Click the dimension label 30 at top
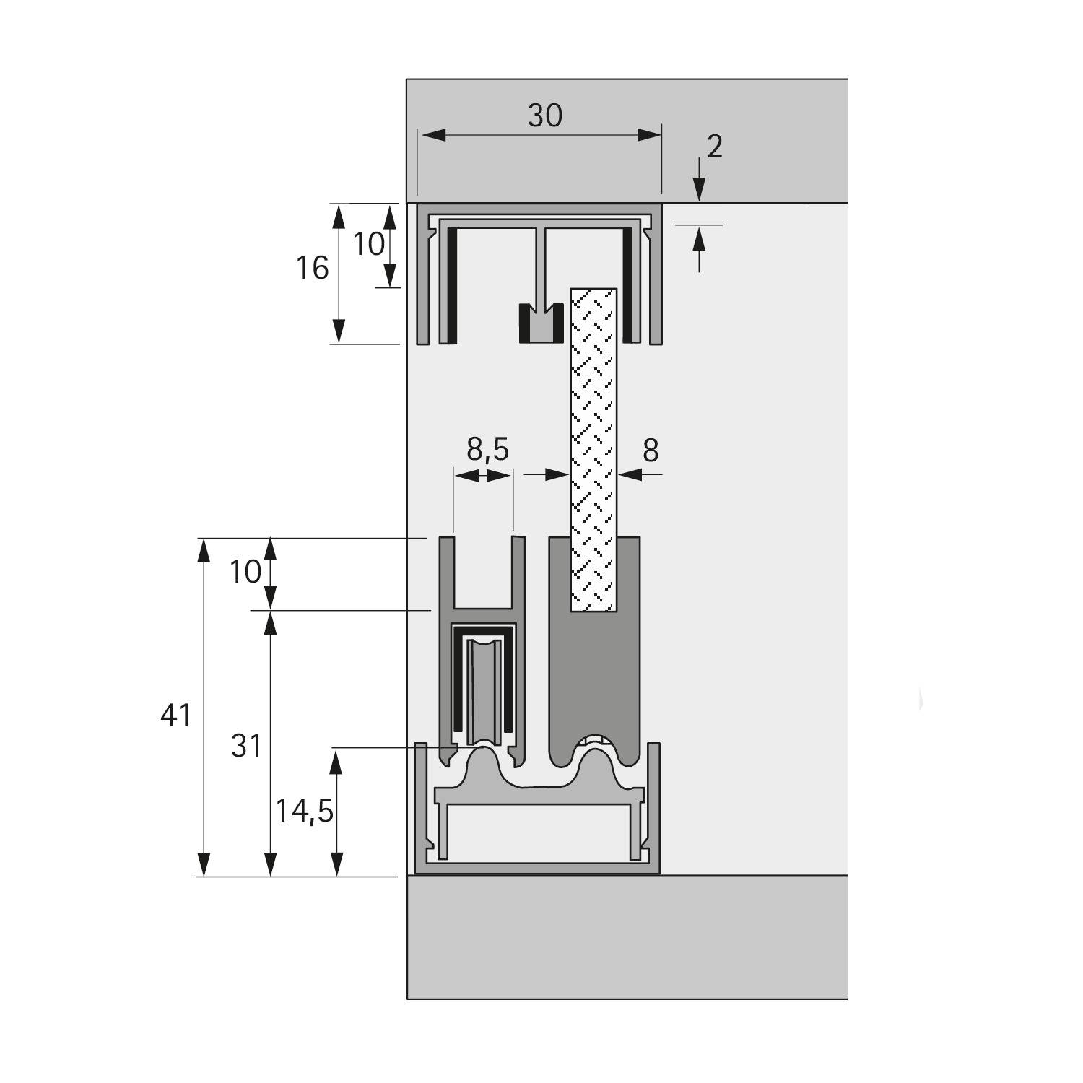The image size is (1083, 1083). (544, 116)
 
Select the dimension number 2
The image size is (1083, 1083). (714, 147)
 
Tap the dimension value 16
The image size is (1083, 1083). (312, 269)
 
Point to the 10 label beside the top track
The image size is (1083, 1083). (368, 244)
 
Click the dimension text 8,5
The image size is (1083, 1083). (488, 450)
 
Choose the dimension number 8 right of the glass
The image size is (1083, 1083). (651, 451)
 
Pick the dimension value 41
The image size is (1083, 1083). (176, 716)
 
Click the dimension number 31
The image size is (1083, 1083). (246, 746)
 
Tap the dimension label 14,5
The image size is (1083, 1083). (304, 812)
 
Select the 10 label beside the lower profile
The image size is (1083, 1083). (245, 573)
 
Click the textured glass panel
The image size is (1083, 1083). (594, 448)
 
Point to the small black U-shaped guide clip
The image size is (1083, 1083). (541, 323)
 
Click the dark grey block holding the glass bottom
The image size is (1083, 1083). (594, 679)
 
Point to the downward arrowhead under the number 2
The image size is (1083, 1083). (699, 191)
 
